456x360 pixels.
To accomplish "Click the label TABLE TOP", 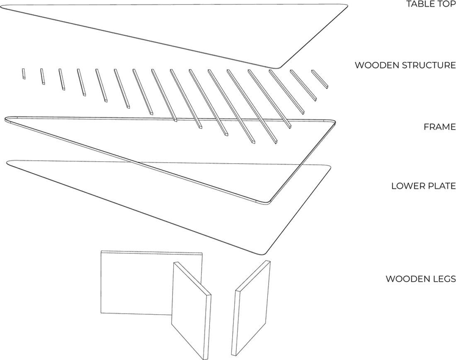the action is (431, 4).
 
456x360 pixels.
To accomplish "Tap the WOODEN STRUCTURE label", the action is (405, 65).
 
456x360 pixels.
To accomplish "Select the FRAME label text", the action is (439, 127).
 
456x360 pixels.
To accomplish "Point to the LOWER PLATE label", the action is (423, 186).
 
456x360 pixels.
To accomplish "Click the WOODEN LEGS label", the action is (420, 279).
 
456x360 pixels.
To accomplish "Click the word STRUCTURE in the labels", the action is (429, 65).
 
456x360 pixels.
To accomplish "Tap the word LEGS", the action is (443, 279).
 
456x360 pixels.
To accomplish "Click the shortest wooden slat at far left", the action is (23, 74).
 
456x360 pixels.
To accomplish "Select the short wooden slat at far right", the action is (320, 79).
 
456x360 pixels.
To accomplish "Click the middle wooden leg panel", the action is (191, 310).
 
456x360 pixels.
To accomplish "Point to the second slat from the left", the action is (42, 76).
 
